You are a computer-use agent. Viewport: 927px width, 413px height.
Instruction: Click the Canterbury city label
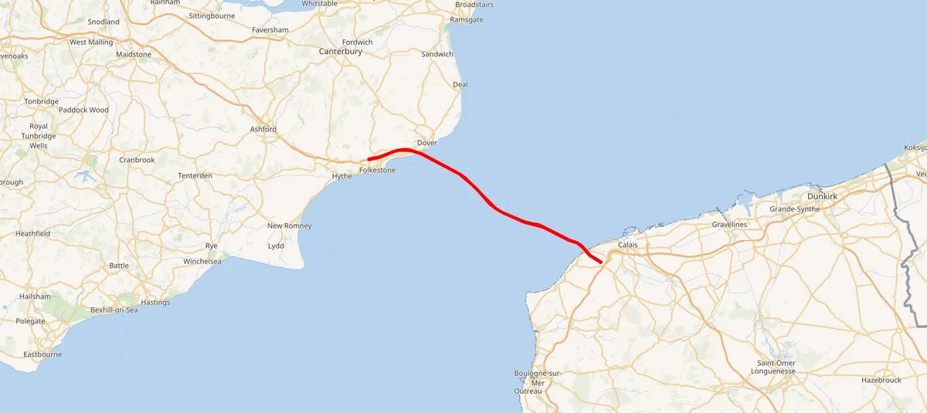coord(341,52)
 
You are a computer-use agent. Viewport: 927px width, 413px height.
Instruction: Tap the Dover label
coord(426,144)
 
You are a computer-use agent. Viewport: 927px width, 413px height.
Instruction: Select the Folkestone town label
coord(377,170)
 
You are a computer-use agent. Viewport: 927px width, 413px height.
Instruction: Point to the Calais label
coord(628,245)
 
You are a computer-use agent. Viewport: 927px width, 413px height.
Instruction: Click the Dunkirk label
coord(822,197)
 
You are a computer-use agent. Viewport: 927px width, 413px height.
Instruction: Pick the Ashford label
coord(263,129)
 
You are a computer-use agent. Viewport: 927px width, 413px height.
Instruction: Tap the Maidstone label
coord(134,55)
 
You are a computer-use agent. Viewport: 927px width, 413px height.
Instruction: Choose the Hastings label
coord(155,303)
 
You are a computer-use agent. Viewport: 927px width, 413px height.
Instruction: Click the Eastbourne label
coord(42,355)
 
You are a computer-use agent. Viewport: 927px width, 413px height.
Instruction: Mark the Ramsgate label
coord(466,19)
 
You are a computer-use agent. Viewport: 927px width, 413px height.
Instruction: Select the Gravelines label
coord(729,225)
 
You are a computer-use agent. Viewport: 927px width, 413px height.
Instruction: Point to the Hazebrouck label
coord(881,381)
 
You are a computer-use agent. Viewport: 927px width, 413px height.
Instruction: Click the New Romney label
coord(289,225)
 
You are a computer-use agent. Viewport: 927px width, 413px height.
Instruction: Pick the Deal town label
coord(460,84)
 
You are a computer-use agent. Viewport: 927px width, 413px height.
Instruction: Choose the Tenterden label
coord(195,176)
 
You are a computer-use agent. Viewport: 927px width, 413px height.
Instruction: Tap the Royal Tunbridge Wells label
coord(39,136)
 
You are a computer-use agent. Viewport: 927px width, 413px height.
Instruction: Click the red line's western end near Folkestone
coord(369,160)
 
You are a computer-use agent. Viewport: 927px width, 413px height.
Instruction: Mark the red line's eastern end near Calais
coord(601,262)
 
